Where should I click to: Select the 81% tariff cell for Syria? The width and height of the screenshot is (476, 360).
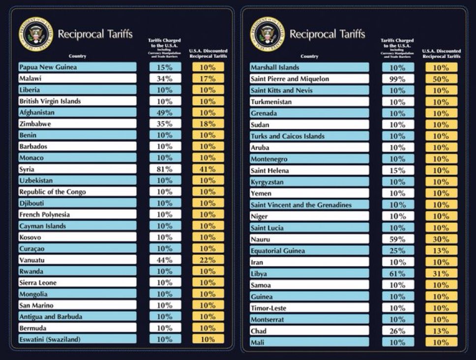(x=165, y=169)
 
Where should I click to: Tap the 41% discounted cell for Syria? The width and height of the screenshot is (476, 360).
(x=208, y=169)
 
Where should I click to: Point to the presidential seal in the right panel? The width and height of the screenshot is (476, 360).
(x=267, y=34)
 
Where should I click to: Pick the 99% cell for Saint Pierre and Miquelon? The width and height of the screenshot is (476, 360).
(x=397, y=79)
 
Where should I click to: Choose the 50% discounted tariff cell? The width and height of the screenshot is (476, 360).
(x=441, y=79)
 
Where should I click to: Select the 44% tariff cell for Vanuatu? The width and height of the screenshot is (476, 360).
(x=165, y=260)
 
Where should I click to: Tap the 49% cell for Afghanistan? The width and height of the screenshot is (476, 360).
(x=165, y=113)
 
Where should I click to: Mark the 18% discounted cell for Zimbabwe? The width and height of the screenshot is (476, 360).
(x=208, y=124)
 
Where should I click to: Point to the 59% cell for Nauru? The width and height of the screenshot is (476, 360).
(x=397, y=239)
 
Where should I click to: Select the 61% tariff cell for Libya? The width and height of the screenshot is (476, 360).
(x=397, y=273)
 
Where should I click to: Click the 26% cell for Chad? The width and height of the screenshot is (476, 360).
(x=397, y=330)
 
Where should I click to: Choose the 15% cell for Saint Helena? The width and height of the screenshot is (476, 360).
(x=397, y=171)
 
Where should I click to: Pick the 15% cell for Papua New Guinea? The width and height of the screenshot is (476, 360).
(x=165, y=67)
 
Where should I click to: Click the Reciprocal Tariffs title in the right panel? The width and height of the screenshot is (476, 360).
(x=327, y=34)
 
